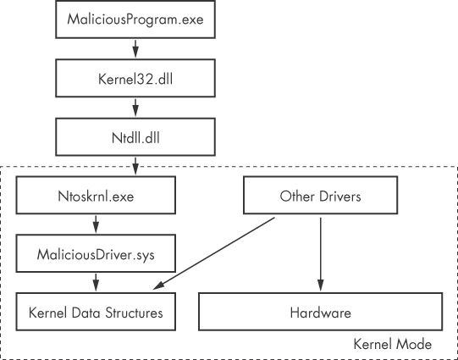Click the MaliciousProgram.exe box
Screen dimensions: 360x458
pos(135,19)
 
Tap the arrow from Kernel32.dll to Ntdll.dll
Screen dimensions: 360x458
pos(135,106)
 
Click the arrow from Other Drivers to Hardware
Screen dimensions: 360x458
pos(321,253)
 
